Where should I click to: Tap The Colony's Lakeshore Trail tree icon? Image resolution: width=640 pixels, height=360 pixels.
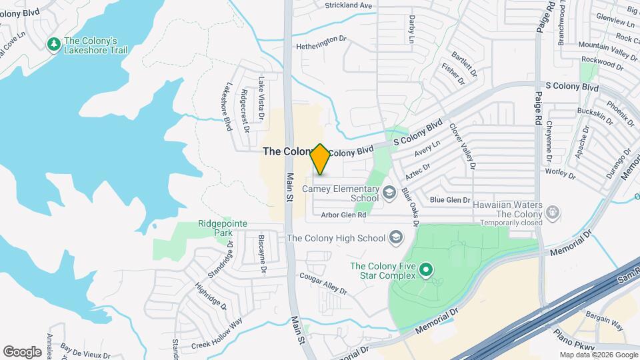pos(53,44)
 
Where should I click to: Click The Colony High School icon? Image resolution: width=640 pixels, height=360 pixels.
pos(396,238)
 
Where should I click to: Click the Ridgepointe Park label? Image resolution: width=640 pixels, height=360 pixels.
pos(215,229)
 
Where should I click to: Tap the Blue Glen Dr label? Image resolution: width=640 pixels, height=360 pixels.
pos(450,200)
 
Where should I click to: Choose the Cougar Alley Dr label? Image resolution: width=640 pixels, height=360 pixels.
pos(323,284)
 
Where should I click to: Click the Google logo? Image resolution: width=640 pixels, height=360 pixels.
pos(22,351)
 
